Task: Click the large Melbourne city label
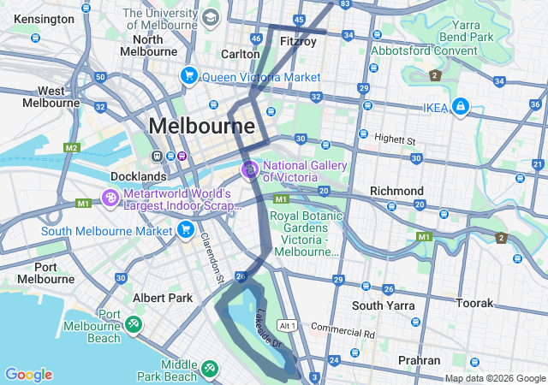coord(201,127)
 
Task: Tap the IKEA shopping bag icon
coord(462,106)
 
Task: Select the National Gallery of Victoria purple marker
coord(250,170)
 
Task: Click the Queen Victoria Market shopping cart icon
coord(188,76)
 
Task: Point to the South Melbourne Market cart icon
coord(185,229)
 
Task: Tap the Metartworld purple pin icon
coord(110,198)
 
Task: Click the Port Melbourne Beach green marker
coord(134,324)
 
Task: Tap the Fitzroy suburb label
coord(298,40)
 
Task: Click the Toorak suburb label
coord(475,303)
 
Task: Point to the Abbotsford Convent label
coord(424,50)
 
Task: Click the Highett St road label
coord(394,139)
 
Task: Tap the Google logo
coord(28,375)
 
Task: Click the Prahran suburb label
coord(420,360)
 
